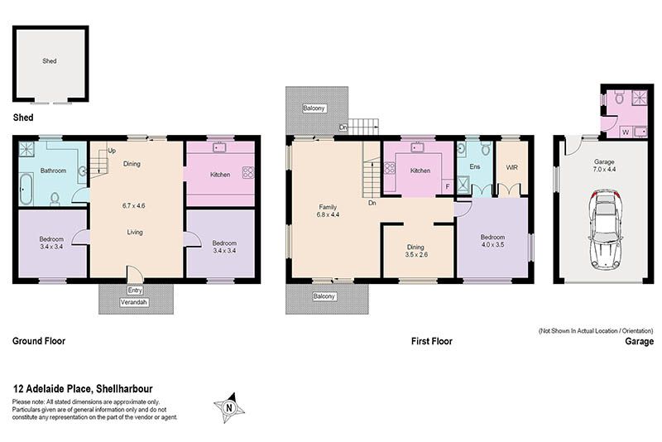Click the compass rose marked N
[x=229, y=408]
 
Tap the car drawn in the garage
[x=605, y=230]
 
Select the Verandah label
[x=134, y=302]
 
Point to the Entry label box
[x=135, y=291]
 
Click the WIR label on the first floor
[x=511, y=167]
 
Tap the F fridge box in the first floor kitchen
[x=448, y=186]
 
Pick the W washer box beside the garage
[x=626, y=132]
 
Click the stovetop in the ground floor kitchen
[x=247, y=172]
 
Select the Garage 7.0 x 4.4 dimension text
[x=604, y=166]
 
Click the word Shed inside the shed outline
[x=50, y=60]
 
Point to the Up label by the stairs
[x=112, y=151]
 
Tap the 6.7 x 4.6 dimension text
[x=134, y=206]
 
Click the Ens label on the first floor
[x=474, y=166]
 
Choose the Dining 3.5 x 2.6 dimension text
[x=416, y=251]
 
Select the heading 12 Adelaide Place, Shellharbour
[x=83, y=388]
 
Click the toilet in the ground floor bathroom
[x=55, y=199]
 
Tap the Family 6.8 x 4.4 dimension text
[x=328, y=211]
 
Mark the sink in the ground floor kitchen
[x=219, y=148]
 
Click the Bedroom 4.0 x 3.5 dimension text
[x=492, y=241]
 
